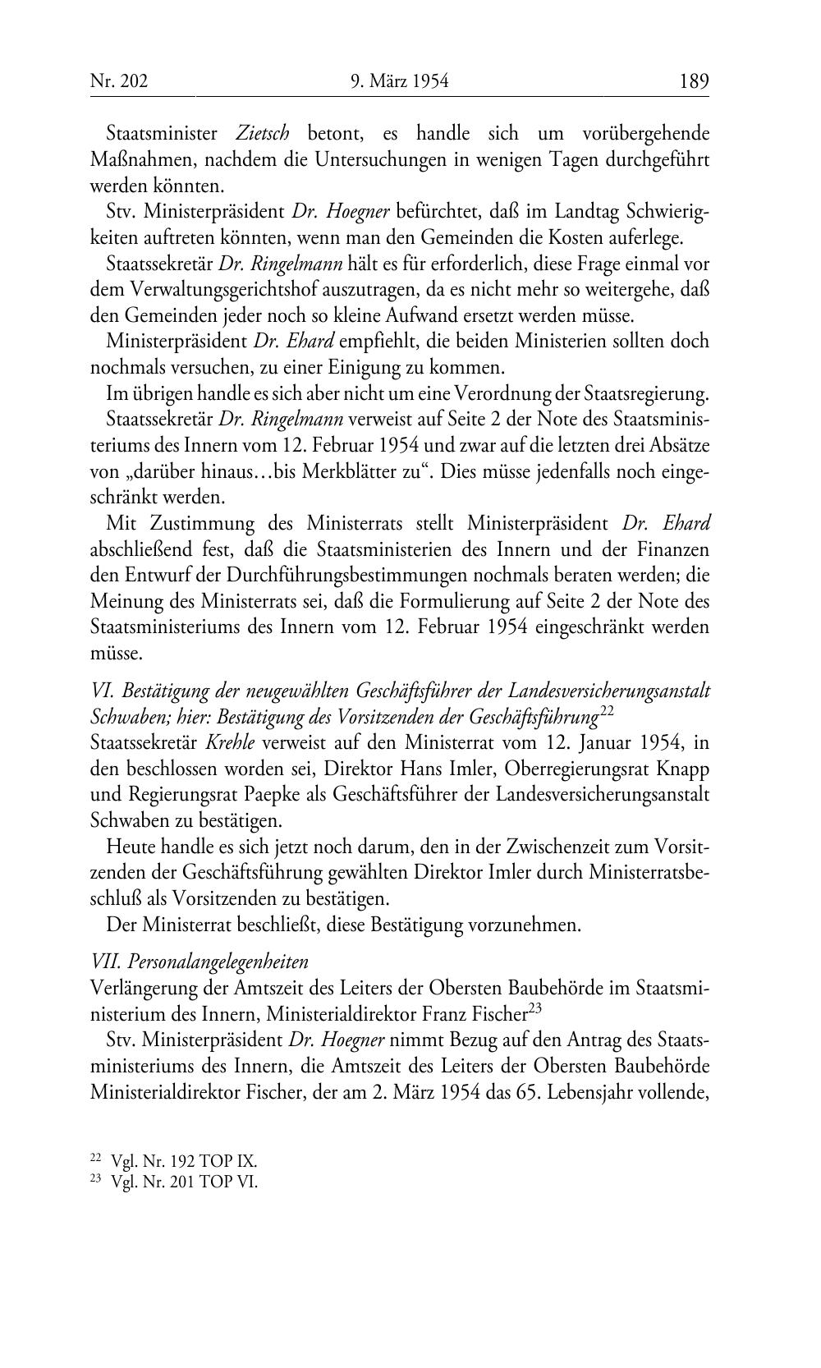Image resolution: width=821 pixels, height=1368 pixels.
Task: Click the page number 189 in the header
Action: (x=693, y=81)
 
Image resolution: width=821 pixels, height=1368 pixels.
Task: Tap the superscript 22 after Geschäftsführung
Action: (x=607, y=711)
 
